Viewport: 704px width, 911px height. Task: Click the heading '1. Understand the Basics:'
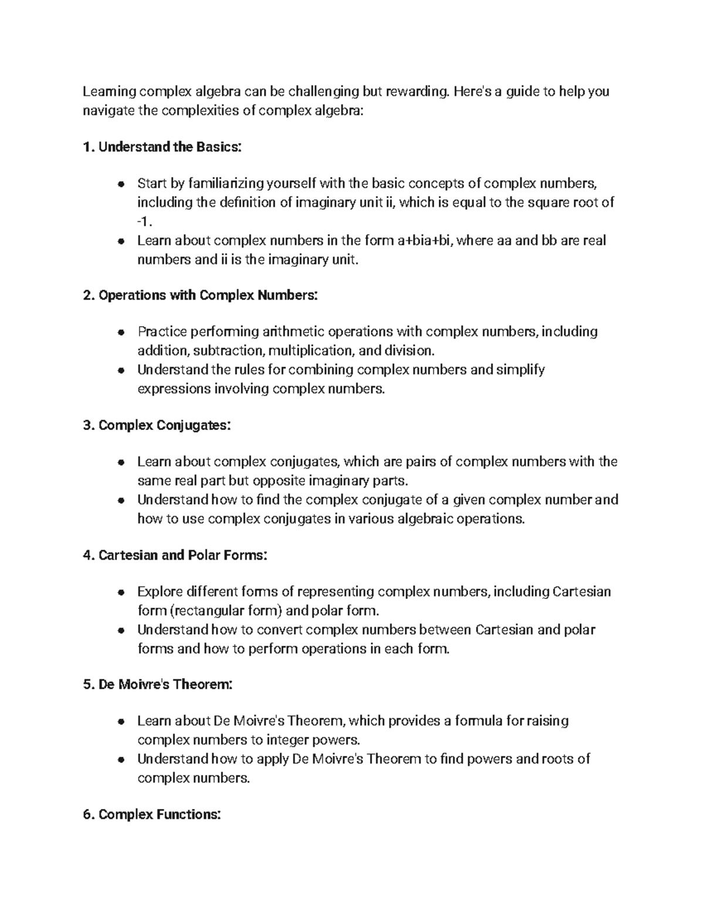click(x=162, y=147)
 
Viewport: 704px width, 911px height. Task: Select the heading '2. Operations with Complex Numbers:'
click(x=201, y=295)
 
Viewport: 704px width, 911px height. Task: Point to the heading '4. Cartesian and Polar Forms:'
click(x=175, y=554)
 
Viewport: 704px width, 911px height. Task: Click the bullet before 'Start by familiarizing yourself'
click(x=120, y=184)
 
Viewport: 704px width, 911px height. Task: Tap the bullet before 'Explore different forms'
click(x=120, y=592)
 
